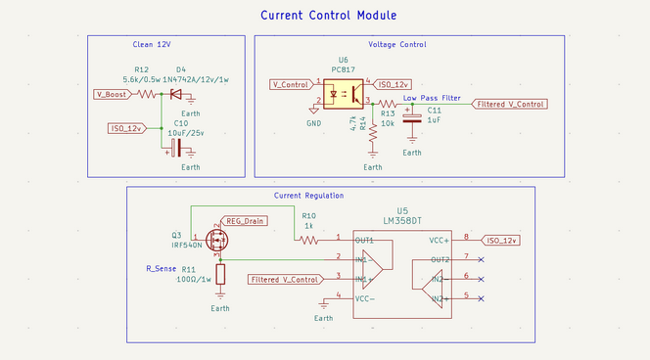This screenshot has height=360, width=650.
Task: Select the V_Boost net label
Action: point(113,94)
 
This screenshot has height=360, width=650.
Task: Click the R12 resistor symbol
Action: point(147,94)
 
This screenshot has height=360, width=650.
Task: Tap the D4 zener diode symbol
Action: point(176,94)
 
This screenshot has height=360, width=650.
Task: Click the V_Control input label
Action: point(291,84)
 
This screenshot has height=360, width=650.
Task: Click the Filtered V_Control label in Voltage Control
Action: point(509,104)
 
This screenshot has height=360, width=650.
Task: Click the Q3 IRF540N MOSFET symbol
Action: point(214,239)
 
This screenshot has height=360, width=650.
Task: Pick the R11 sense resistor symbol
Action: point(220,275)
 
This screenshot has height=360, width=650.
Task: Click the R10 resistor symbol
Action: point(308,239)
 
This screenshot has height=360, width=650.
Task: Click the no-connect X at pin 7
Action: point(480,258)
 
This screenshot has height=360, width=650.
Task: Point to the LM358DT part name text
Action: point(402,222)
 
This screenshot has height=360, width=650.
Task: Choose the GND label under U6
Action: point(313,123)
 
